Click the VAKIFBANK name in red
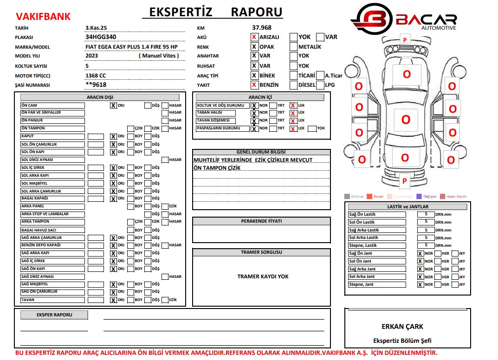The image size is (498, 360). (43, 17)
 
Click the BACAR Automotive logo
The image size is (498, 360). (403, 19)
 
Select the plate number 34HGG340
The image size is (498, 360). (101, 37)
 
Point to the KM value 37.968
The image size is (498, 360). (262, 27)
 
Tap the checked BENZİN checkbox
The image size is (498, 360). (254, 85)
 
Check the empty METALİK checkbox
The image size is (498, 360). (293, 46)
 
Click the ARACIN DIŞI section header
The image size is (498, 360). (100, 97)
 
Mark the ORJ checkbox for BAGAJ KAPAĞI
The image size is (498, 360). (113, 199)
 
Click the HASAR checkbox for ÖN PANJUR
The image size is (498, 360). (165, 121)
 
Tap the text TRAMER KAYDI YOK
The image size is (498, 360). (263, 276)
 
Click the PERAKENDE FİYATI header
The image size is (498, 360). (261, 221)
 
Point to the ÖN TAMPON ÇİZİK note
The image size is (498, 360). (217, 168)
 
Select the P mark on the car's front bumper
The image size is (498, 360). (405, 40)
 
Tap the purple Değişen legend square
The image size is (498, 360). (419, 196)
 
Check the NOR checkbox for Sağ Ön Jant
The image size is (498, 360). (420, 254)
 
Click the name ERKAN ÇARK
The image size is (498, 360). (402, 327)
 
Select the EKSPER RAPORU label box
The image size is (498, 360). (54, 315)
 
